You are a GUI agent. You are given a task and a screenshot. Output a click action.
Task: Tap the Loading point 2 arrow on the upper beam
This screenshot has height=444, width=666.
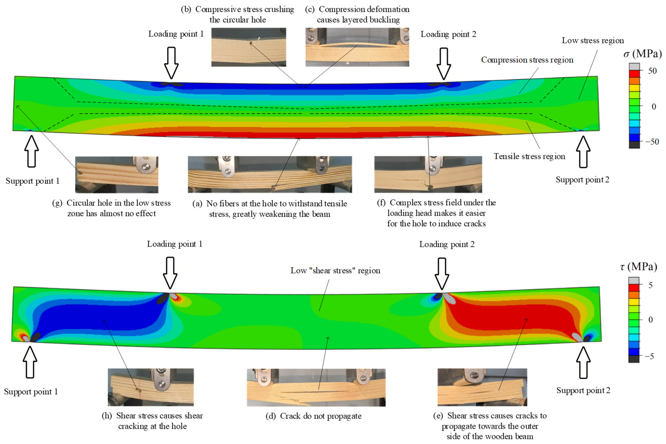[x=444, y=63]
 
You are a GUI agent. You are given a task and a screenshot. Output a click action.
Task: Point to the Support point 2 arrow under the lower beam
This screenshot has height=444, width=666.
[x=583, y=362]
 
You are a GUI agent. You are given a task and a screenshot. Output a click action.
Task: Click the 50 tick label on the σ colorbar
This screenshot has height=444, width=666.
[x=652, y=71]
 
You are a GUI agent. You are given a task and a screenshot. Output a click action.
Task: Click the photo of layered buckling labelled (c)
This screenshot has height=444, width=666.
[x=357, y=47]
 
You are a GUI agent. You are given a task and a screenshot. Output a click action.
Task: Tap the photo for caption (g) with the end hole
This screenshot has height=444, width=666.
[x=116, y=175]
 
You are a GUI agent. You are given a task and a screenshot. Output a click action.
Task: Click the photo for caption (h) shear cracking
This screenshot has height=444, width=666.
[x=151, y=387]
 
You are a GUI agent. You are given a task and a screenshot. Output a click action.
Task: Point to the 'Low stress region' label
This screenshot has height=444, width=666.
[x=593, y=41]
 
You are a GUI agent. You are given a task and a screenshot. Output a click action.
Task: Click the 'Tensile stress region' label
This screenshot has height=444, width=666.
[x=529, y=156]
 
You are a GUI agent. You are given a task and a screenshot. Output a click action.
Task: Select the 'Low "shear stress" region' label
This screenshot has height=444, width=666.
[x=335, y=270]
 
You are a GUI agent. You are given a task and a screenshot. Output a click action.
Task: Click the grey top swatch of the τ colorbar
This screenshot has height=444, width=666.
[x=634, y=281]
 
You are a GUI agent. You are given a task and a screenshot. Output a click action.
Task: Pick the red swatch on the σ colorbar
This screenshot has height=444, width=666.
[x=634, y=74]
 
